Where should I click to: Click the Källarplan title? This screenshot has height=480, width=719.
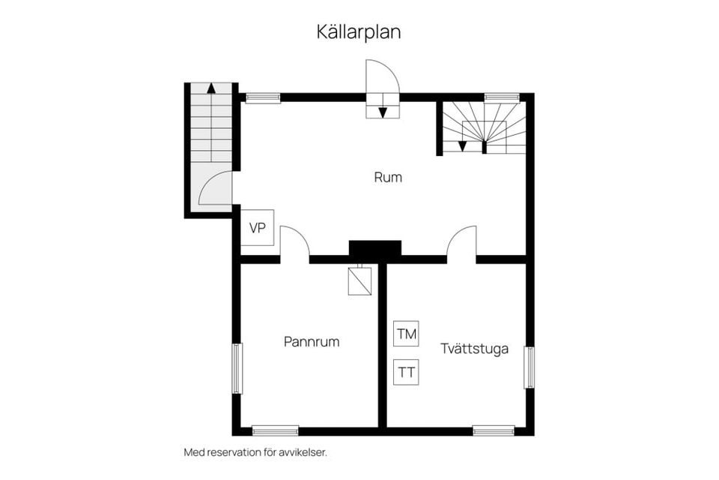[x=359, y=33]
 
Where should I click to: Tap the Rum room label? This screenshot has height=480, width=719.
[x=388, y=178]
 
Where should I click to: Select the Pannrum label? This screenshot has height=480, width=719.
[x=312, y=342]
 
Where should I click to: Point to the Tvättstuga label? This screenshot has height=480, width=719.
[x=475, y=349]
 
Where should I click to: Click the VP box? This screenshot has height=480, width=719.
[x=258, y=229]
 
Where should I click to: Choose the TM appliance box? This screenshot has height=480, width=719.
[x=407, y=333]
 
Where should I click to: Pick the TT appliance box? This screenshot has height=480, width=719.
[x=407, y=372]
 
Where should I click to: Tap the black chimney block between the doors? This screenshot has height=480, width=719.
[x=375, y=250]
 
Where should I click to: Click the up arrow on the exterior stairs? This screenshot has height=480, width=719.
[x=211, y=88]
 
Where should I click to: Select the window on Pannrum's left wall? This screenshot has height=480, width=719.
[x=237, y=368]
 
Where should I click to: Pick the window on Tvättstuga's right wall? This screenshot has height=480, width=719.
[x=529, y=367]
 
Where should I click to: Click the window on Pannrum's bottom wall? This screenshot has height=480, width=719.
[x=275, y=430]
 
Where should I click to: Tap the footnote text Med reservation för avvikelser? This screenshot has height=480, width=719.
[x=255, y=452]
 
